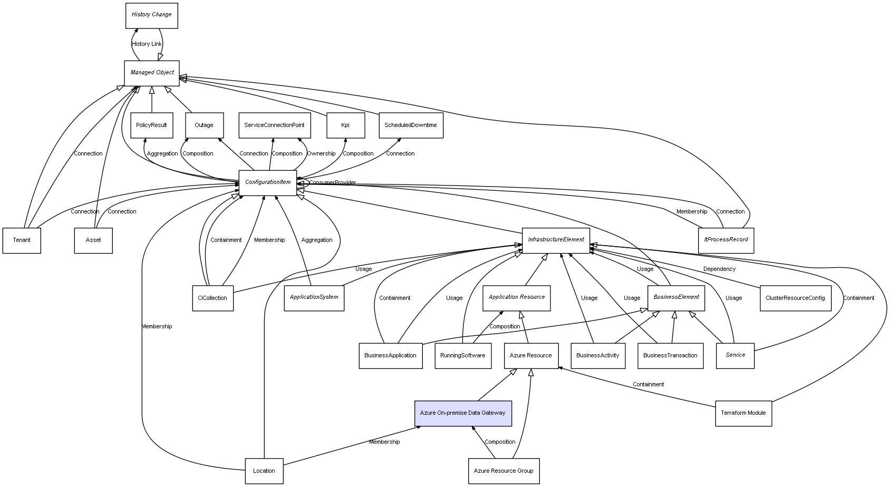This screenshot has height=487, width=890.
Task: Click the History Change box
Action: pyautogui.click(x=151, y=15)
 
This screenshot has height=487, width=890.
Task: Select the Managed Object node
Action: pyautogui.click(x=151, y=73)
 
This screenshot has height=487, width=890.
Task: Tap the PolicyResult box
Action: pyautogui.click(x=151, y=125)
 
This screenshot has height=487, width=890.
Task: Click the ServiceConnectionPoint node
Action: pyautogui.click(x=274, y=125)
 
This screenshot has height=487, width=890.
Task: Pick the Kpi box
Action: pyautogui.click(x=345, y=125)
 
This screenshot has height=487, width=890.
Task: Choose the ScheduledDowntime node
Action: pyautogui.click(x=411, y=125)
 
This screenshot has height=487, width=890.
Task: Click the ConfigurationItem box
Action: pyautogui.click(x=268, y=183)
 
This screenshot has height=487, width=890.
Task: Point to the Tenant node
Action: pyautogui.click(x=22, y=240)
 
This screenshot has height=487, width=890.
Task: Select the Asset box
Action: pyautogui.click(x=93, y=240)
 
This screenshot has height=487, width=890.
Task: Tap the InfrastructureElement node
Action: pyautogui.click(x=556, y=240)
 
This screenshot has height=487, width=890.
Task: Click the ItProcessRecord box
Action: pyautogui.click(x=725, y=240)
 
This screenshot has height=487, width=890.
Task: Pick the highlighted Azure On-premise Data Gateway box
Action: pyautogui.click(x=462, y=413)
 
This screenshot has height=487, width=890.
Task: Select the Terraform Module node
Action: pyautogui.click(x=743, y=413)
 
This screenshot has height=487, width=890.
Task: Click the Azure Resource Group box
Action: pyautogui.click(x=503, y=471)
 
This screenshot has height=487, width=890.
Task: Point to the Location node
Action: pyautogui.click(x=264, y=471)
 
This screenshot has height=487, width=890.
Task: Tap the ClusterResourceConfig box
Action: pyautogui.click(x=795, y=298)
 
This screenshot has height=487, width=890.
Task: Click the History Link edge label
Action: pyautogui.click(x=147, y=44)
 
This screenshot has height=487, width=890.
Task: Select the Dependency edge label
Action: pyautogui.click(x=719, y=269)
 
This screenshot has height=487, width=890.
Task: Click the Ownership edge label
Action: pyautogui.click(x=321, y=154)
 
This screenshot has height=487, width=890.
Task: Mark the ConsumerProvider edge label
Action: pyautogui.click(x=332, y=183)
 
